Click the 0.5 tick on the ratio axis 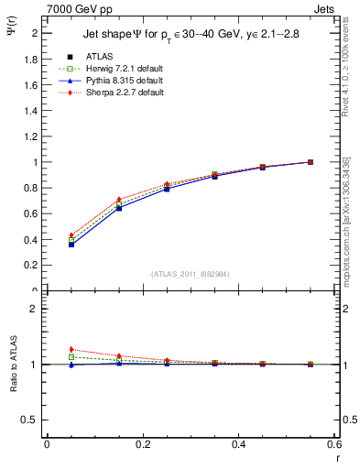31,420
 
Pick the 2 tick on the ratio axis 35,309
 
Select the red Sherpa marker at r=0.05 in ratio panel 71,349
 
